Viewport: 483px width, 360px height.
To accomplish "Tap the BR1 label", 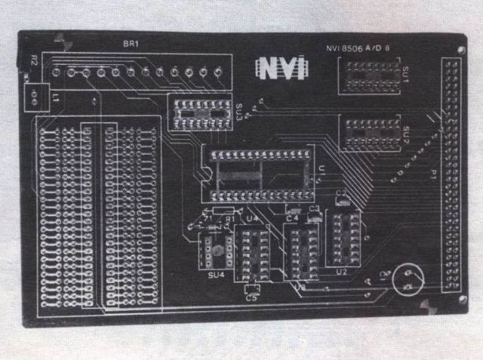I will pos(131,44).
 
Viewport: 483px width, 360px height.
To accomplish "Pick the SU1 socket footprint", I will pos(370,76).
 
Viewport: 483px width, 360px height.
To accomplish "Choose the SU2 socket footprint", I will pos(370,134).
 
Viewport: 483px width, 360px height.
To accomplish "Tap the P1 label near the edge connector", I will pos(434,175).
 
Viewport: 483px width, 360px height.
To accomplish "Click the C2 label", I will pos(340,193).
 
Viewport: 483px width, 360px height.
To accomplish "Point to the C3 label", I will pos(315,208).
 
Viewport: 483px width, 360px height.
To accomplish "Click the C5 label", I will pos(251,297).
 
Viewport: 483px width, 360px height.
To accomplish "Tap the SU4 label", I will pos(215,275).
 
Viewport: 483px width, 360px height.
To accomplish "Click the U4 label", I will pos(253,219).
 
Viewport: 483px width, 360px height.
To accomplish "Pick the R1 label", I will pos(228,219).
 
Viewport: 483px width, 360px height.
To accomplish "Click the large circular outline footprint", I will pos(405,280).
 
